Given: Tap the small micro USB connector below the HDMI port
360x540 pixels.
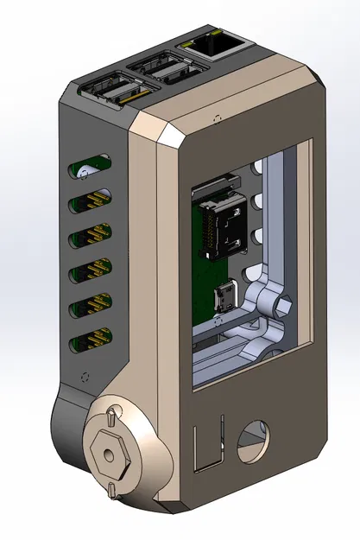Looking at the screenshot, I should click(223, 298).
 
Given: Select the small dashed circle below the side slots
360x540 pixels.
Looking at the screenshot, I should click(85, 378).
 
